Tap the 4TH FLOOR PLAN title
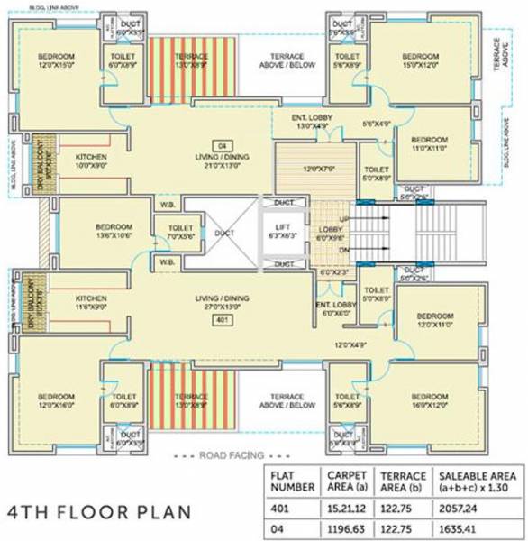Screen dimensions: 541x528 tap(99, 511)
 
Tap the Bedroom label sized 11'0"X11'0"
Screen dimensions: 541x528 tap(429, 144)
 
